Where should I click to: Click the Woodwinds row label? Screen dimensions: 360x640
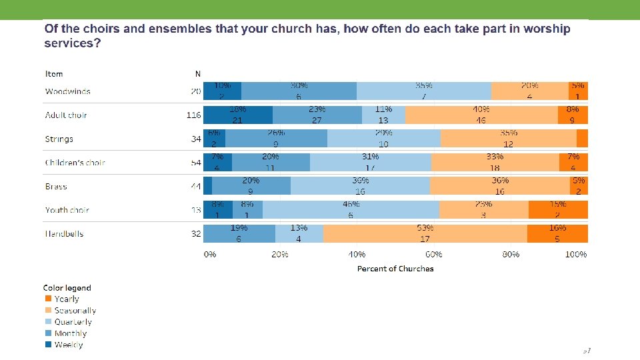click(68, 91)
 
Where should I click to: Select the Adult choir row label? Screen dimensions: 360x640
click(66, 115)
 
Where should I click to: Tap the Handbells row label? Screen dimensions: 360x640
click(65, 234)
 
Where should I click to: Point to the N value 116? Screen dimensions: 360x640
click(193, 115)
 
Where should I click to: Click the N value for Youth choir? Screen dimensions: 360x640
click(196, 210)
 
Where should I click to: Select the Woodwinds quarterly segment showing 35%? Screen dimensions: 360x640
click(423, 91)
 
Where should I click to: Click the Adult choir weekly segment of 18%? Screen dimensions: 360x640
click(237, 115)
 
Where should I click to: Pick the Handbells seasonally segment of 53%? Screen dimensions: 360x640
click(425, 234)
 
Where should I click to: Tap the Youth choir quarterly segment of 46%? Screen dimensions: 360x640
click(351, 210)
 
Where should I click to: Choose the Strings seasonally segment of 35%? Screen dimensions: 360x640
click(508, 139)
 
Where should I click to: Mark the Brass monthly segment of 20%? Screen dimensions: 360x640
click(251, 186)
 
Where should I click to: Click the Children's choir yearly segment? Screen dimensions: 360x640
click(573, 163)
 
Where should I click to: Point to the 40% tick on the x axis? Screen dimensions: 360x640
click(357, 255)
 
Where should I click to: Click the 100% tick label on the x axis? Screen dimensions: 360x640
click(575, 255)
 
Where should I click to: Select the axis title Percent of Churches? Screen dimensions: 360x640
click(395, 269)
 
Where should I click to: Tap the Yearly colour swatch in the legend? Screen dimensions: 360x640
click(48, 299)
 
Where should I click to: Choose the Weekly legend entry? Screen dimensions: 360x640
click(69, 345)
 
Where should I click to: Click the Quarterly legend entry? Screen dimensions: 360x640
click(73, 322)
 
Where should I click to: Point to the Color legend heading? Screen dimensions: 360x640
click(67, 288)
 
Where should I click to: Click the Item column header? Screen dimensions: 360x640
click(54, 73)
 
